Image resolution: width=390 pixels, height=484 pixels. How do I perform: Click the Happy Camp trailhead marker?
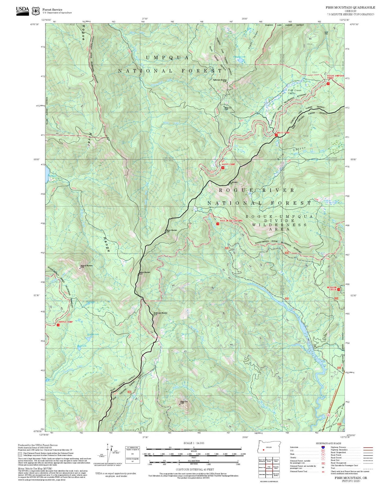point(223,168)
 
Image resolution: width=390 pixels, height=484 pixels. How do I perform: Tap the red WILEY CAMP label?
point(283,133)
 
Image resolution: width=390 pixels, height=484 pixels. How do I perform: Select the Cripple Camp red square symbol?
point(58,325)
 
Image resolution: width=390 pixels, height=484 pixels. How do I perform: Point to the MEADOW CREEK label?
point(332,288)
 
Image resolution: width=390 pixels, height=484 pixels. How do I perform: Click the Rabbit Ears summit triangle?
point(180,404)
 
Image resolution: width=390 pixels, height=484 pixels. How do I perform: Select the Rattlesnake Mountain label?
point(220,80)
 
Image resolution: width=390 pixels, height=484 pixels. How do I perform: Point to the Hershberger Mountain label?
point(160,313)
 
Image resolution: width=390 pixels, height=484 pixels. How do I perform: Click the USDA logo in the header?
point(22,10)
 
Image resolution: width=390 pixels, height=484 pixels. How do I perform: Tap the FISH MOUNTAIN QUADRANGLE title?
point(350,7)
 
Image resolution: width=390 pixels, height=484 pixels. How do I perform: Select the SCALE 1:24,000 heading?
point(194,443)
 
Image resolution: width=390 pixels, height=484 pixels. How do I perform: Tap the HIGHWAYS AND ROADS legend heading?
point(328,443)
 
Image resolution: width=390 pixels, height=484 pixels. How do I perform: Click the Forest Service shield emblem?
point(36,11)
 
